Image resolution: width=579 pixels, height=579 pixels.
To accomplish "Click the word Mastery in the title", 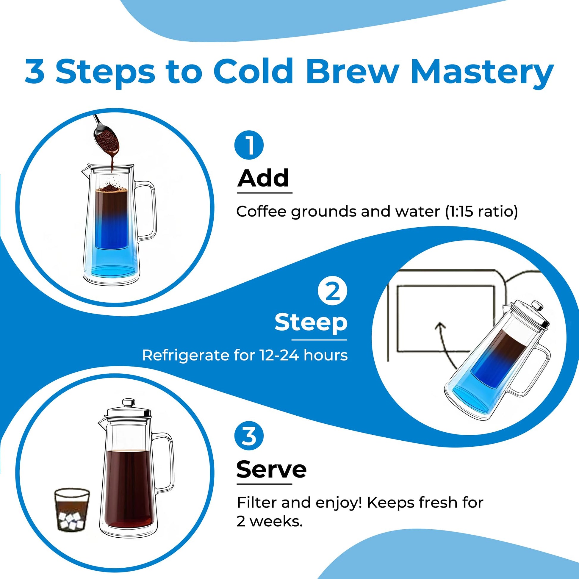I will click(482, 72).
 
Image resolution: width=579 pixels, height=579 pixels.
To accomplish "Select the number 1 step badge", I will click(249, 146).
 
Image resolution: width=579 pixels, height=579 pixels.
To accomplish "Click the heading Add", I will click(263, 179).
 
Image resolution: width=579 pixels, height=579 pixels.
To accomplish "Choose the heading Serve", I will click(271, 470).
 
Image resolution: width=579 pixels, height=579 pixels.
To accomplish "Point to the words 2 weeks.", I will click(269, 522).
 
